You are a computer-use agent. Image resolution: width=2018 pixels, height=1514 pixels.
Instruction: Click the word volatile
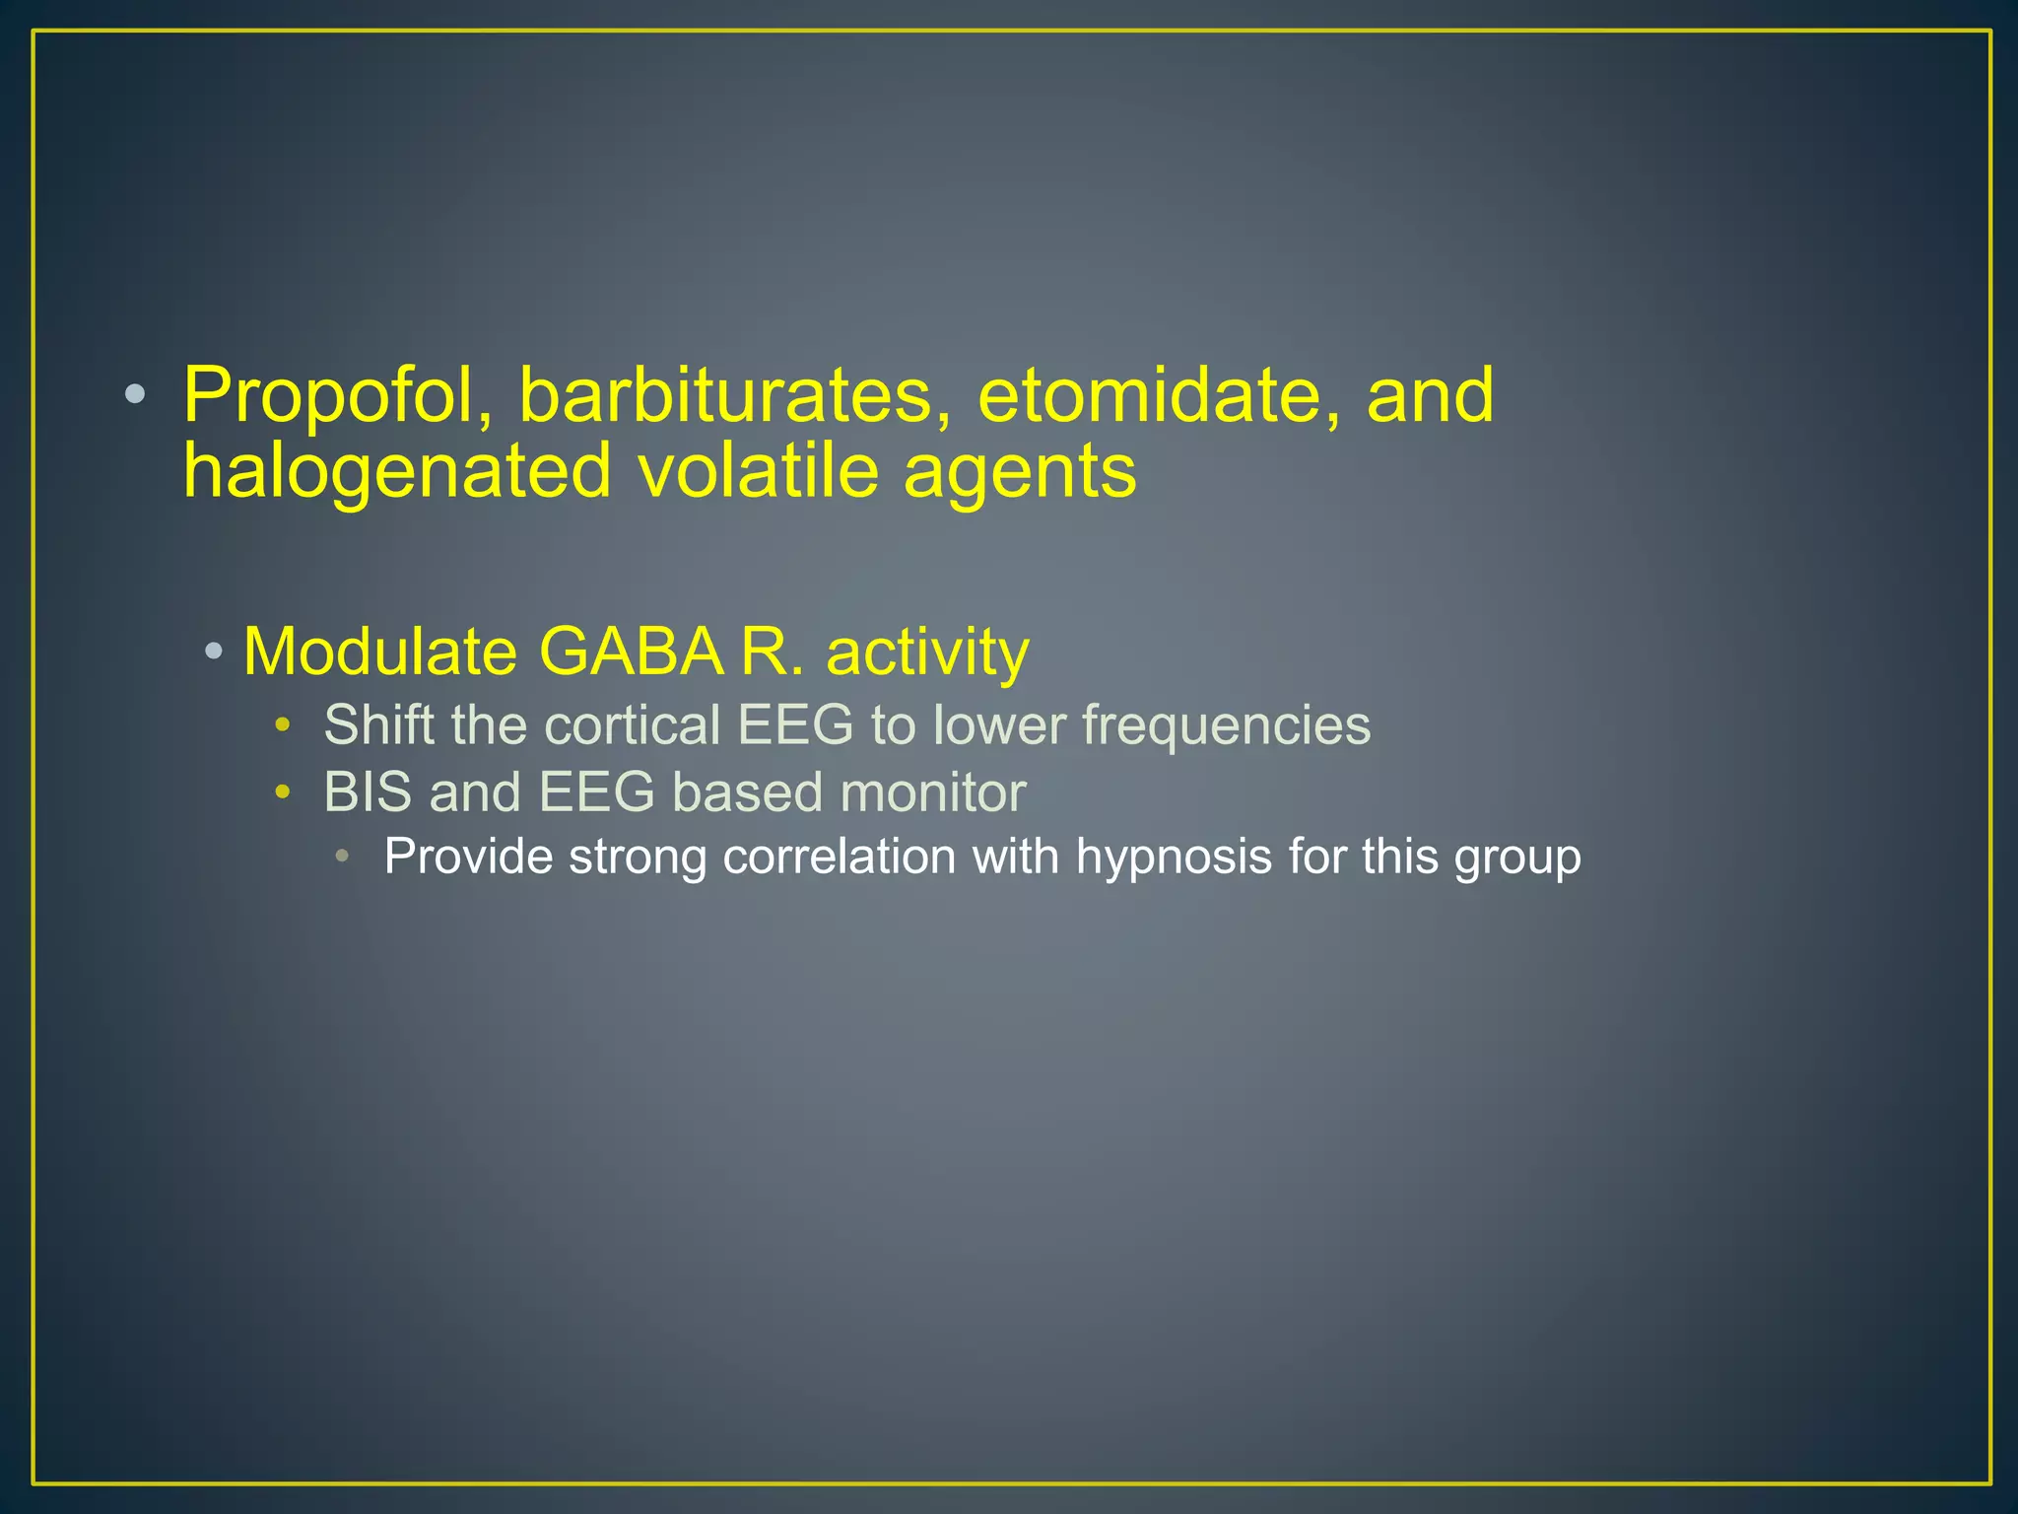coord(758,471)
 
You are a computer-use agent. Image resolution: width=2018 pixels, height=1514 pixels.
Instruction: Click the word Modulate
coord(379,652)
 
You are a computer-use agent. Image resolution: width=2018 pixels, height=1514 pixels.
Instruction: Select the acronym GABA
coord(632,652)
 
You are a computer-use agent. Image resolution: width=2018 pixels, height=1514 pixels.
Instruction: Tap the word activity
coord(927,654)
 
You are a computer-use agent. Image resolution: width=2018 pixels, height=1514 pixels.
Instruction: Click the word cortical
coord(632,725)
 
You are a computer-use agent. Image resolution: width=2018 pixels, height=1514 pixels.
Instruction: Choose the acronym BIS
coord(368,792)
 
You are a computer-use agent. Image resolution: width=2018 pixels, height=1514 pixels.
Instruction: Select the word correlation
coord(839,856)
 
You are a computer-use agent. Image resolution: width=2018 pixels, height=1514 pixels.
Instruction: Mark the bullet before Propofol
coord(135,396)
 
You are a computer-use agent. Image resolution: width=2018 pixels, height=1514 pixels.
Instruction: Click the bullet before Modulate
coord(214,652)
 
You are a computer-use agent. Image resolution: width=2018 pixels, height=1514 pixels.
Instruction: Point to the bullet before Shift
coord(283,726)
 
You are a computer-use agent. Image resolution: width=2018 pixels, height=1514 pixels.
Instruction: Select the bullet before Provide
coord(342,856)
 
